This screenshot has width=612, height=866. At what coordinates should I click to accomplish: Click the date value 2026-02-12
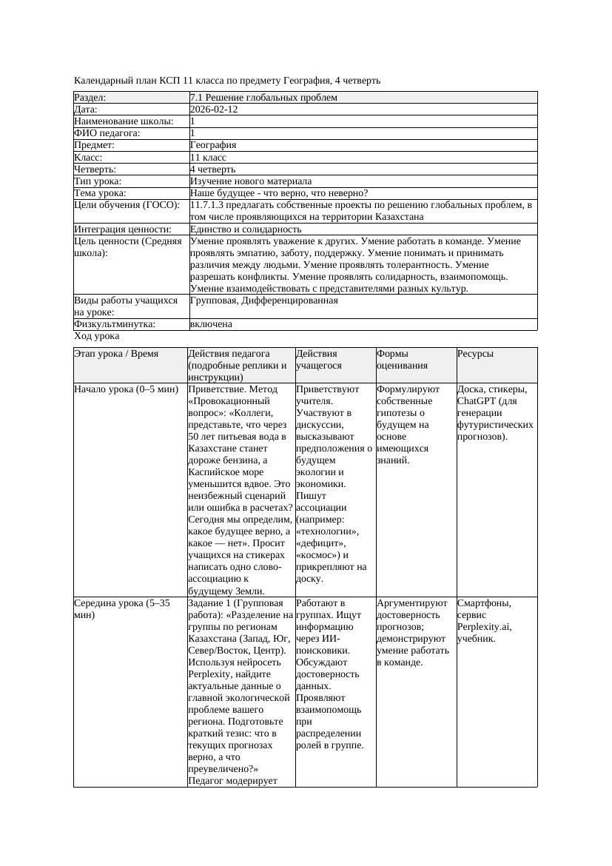click(x=214, y=110)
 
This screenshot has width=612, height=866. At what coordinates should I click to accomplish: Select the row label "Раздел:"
click(x=90, y=98)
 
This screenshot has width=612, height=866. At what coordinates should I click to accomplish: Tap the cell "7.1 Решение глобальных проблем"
click(x=263, y=98)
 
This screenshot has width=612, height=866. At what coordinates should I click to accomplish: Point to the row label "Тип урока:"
click(x=98, y=181)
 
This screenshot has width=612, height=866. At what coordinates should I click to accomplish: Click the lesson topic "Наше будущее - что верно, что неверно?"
click(x=279, y=193)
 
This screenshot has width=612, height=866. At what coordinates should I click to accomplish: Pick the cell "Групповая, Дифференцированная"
click(x=263, y=301)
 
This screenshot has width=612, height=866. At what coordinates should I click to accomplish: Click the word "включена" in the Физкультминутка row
click(x=211, y=324)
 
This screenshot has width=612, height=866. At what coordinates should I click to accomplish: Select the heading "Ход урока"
click(x=97, y=336)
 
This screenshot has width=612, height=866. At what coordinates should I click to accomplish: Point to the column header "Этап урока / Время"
click(x=116, y=354)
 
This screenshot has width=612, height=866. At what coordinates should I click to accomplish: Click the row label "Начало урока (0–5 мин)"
click(x=127, y=389)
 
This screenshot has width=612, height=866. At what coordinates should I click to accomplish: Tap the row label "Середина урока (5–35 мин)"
click(x=121, y=609)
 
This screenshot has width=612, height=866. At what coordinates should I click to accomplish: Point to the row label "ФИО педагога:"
click(x=107, y=133)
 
